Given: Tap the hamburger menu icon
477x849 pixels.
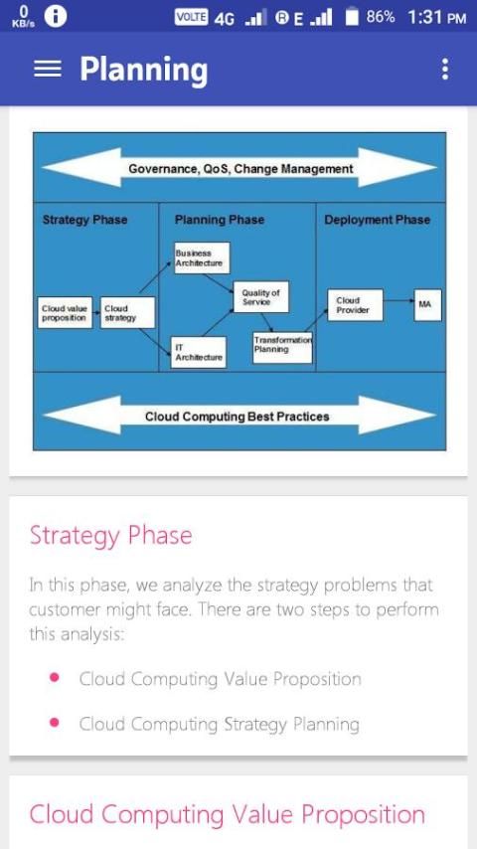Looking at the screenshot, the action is coord(48,69).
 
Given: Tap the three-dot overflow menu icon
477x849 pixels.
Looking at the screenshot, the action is coord(444,70).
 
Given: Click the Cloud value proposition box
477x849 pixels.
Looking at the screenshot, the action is coord(65,312).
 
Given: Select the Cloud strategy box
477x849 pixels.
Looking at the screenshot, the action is coord(128,312).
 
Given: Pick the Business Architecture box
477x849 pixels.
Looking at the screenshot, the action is coord(202,257).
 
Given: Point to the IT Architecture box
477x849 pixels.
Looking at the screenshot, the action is coord(198,353).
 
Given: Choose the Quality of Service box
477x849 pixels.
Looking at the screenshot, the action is coord(261,296).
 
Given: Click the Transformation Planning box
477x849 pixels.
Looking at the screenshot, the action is coord(282,347).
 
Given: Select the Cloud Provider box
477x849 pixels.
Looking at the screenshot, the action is coord(355,305).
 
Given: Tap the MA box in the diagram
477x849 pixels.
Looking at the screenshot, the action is coord(427,305).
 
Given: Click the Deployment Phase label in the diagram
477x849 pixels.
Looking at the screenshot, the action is coord(378,220).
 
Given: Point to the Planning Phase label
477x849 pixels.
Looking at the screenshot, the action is coord(220,220).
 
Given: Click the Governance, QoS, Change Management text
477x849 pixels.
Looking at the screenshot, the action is coord(240,169).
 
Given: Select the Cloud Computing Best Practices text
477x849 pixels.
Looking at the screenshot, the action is coord(238,417).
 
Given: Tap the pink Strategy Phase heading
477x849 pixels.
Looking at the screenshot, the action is coord(111,536).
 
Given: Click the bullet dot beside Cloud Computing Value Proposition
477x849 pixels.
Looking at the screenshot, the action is coord(54,677).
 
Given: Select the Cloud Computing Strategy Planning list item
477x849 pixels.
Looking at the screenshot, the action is coord(220,724).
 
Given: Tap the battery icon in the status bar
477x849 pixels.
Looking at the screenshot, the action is coord(353,17).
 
